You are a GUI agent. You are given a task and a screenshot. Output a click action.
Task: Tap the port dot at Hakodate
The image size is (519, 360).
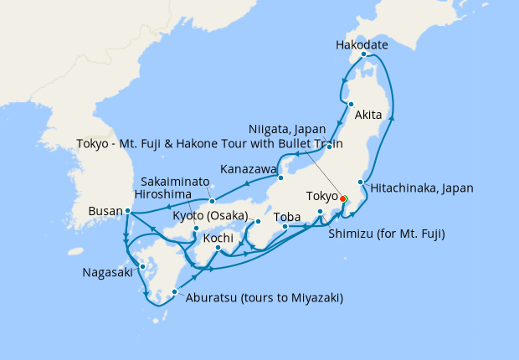(x=363, y=55)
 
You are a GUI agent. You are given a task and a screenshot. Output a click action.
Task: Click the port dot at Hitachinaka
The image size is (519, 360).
(x=361, y=182)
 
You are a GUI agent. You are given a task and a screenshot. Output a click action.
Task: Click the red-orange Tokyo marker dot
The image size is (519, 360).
(x=342, y=199)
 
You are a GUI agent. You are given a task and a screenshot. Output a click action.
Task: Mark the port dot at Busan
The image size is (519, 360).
(x=127, y=211)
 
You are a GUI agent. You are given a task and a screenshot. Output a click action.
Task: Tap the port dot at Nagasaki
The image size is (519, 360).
(x=142, y=266)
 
